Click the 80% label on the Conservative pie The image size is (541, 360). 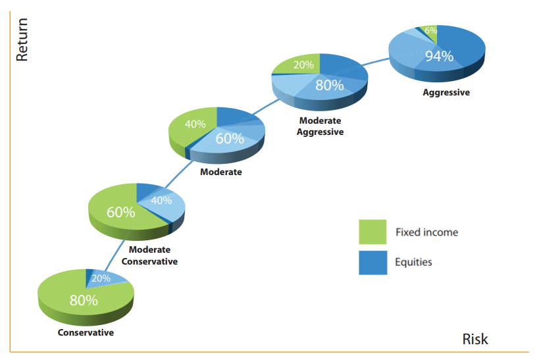coord(84,301)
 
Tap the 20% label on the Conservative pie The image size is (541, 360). coord(101,278)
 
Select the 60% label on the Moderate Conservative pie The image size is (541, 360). coord(121,212)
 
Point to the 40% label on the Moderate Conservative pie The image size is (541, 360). coord(161,200)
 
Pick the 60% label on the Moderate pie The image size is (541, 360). coord(229,138)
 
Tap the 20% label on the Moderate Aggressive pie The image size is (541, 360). coord(303,65)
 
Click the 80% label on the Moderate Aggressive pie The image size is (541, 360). coord(329,84)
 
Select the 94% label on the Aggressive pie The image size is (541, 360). coord(439,56)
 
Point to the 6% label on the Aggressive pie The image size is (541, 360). coord(430,30)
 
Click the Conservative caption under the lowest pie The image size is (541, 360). coord(86,332)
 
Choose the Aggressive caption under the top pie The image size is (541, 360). coord(446,93)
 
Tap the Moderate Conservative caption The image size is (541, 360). coord(149,255)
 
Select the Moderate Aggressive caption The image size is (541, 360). coord(321,126)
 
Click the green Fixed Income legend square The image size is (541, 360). coord(373,232)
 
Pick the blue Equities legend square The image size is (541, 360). coord(373,262)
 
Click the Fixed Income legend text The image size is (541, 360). coord(426,232)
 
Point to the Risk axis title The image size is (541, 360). coord(475,339)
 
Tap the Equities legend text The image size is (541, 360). coord(413,262)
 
